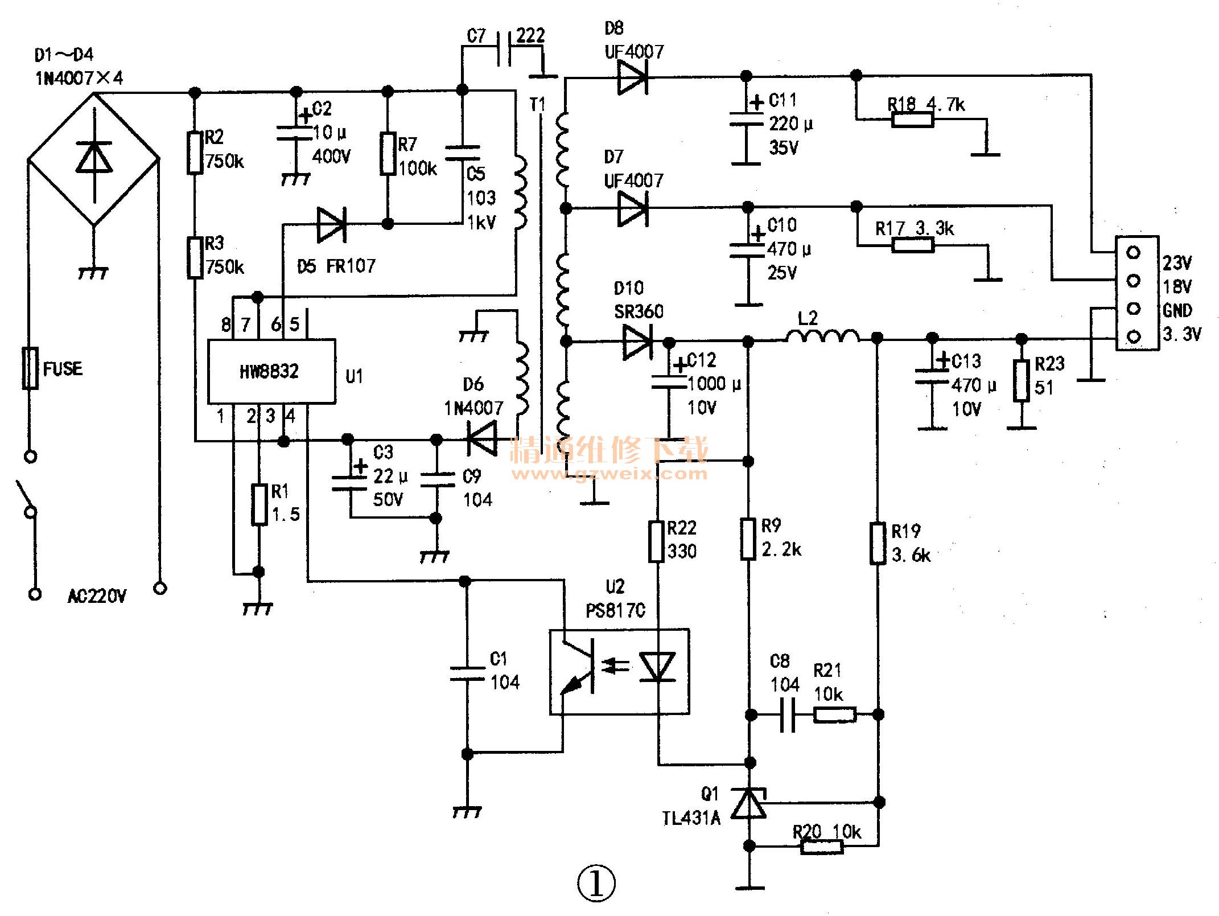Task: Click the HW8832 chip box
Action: (x=271, y=371)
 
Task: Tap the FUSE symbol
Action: (x=31, y=368)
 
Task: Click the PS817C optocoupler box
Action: (x=619, y=671)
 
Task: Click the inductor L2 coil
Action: (x=823, y=336)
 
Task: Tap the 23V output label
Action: (x=1177, y=263)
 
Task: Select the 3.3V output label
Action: (x=1181, y=334)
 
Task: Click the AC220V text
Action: (x=97, y=596)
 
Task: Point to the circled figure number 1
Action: (x=596, y=884)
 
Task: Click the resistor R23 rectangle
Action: (x=1022, y=381)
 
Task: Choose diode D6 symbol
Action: (x=481, y=439)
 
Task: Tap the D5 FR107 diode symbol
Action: (x=331, y=225)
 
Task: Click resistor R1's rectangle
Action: (x=260, y=504)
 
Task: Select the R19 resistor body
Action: (x=878, y=543)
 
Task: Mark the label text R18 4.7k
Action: (x=926, y=104)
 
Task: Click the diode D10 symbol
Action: (x=637, y=342)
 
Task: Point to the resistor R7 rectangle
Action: (x=388, y=154)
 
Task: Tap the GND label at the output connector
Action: (x=1177, y=310)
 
